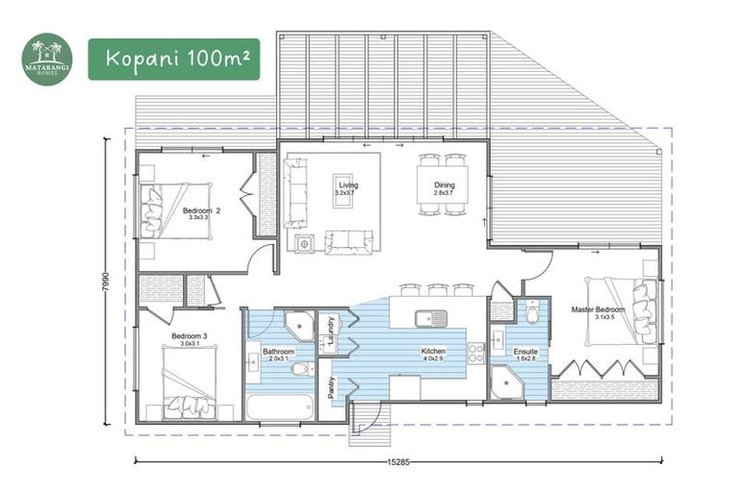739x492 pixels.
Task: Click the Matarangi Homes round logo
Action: pos(47,60)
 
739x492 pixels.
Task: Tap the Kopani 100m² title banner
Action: pos(173,60)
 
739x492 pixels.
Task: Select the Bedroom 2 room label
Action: pos(202,210)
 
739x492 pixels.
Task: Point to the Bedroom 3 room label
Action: pos(186,336)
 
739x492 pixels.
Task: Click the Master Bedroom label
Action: pos(598,309)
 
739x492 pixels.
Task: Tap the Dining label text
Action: pos(444,184)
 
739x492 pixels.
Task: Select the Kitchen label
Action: pos(434,353)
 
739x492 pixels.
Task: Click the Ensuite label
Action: pos(525,353)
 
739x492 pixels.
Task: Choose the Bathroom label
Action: pos(278,353)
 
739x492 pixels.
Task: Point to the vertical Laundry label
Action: pos(329,329)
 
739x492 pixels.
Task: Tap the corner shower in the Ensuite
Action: pos(504,385)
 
